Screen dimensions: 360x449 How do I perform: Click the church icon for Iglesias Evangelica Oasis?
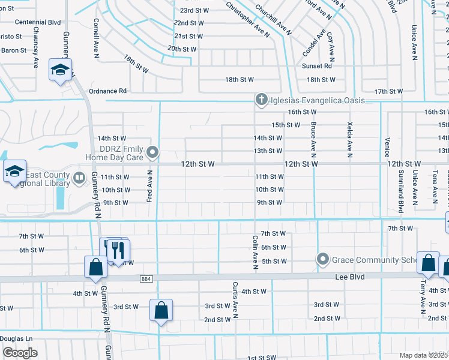261,100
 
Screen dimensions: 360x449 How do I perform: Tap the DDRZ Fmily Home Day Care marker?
153,152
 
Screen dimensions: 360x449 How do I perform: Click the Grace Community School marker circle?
323,259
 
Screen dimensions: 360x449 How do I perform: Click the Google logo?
20,352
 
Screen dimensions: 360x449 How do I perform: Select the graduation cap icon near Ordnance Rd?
60,71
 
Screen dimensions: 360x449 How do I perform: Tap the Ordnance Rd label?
107,91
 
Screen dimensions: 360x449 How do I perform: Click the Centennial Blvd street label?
38,22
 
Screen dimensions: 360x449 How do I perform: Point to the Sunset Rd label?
316,66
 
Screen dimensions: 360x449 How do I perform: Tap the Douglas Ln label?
16,338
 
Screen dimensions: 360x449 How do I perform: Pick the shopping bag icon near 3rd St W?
161,310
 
